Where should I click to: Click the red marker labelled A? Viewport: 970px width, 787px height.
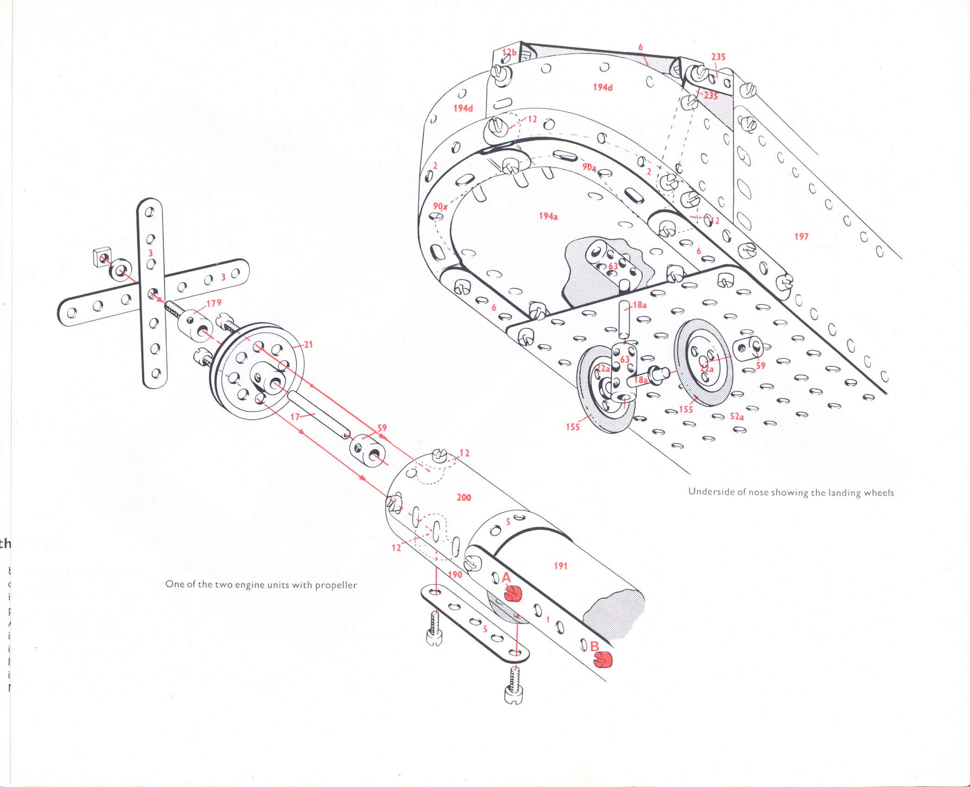pyautogui.click(x=513, y=593)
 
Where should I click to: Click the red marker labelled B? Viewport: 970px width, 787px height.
pyautogui.click(x=603, y=660)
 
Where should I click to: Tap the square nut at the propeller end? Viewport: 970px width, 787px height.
pyautogui.click(x=102, y=256)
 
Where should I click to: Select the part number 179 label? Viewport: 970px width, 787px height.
pyautogui.click(x=214, y=303)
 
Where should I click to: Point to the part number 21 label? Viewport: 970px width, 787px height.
pyautogui.click(x=308, y=344)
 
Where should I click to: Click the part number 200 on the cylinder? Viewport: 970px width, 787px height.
pyautogui.click(x=463, y=498)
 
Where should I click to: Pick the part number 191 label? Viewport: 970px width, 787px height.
pyautogui.click(x=560, y=566)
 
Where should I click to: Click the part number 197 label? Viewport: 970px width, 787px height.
pyautogui.click(x=801, y=237)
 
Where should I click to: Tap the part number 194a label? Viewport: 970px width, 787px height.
pyautogui.click(x=548, y=216)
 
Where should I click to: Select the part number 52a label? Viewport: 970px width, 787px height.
pyautogui.click(x=737, y=417)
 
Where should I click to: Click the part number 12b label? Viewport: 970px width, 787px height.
pyautogui.click(x=509, y=52)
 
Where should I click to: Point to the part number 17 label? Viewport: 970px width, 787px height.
pyautogui.click(x=295, y=417)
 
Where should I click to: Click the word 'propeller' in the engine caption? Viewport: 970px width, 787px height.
pyautogui.click(x=336, y=585)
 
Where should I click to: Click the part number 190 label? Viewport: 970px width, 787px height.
pyautogui.click(x=455, y=575)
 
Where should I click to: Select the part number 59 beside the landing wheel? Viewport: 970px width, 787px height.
pyautogui.click(x=761, y=366)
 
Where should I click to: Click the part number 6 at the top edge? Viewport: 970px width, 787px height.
pyautogui.click(x=640, y=47)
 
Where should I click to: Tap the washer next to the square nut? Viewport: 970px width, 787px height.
pyautogui.click(x=120, y=270)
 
